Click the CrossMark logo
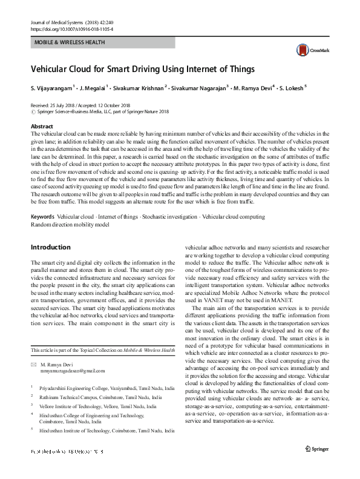click(307, 50)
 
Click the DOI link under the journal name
click(71, 28)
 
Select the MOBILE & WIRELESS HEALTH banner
click(70, 42)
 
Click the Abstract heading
click(42, 127)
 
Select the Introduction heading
click(50, 248)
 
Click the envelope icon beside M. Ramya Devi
click(33, 364)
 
